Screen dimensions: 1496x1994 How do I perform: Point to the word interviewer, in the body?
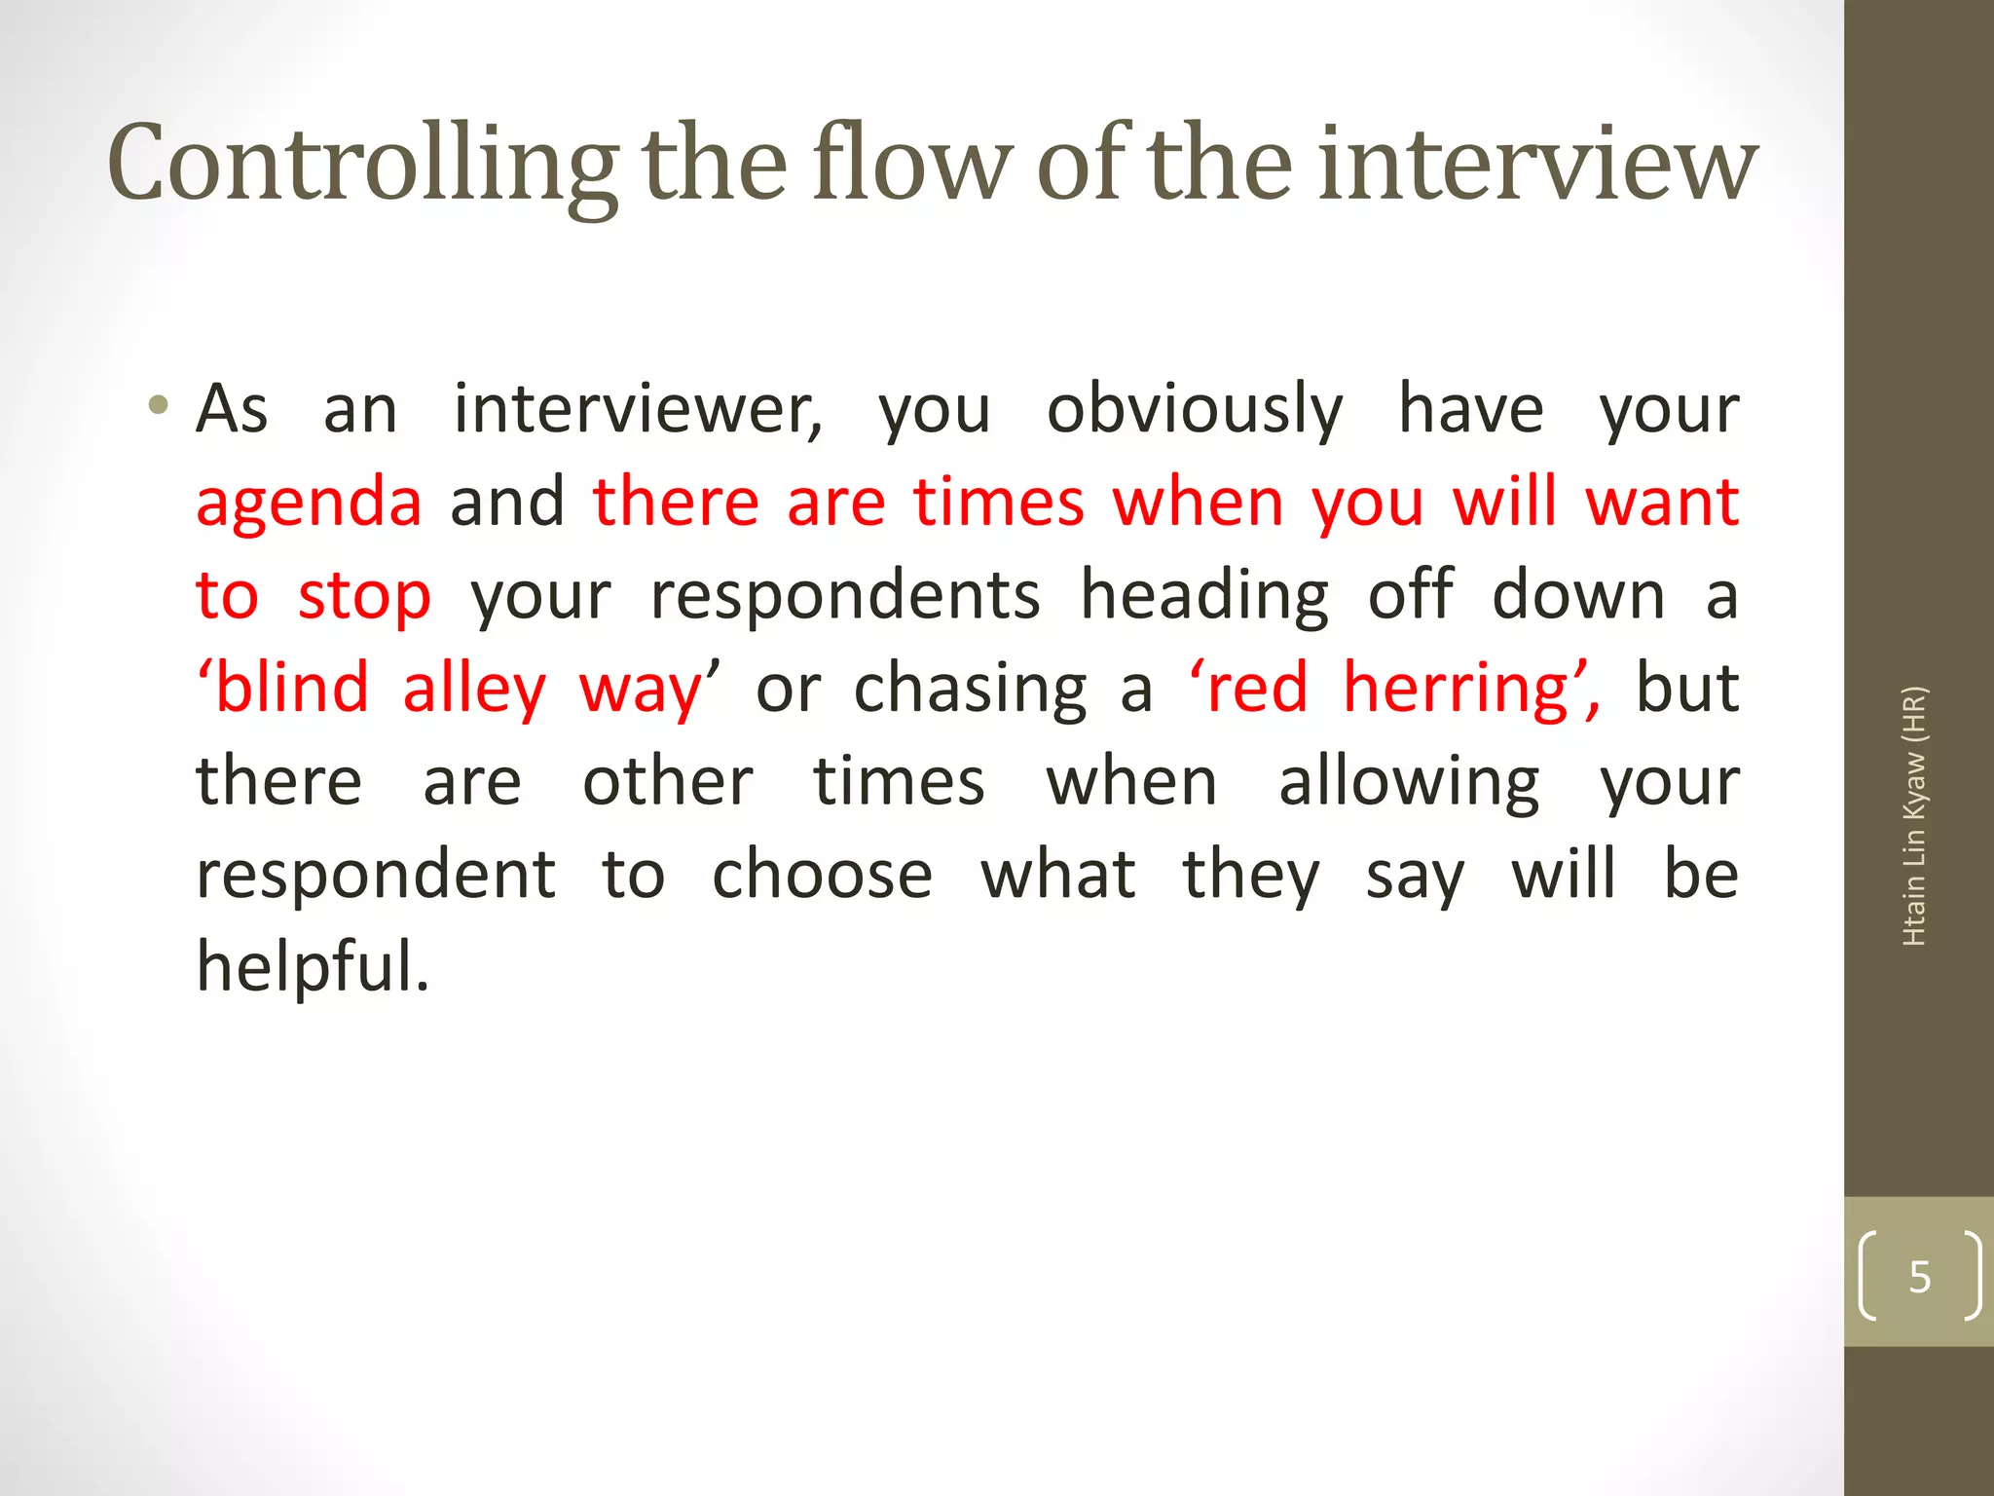point(638,409)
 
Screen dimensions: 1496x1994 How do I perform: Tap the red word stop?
point(364,597)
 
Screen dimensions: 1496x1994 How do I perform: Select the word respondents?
point(845,596)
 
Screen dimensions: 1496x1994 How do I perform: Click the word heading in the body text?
point(1204,597)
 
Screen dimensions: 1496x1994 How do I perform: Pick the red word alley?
point(474,690)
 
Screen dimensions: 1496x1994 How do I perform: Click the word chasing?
point(970,690)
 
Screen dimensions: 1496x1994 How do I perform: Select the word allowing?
point(1409,783)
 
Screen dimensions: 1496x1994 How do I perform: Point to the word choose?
point(822,875)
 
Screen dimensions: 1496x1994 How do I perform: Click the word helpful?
point(312,966)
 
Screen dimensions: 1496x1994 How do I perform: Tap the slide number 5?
point(1919,1276)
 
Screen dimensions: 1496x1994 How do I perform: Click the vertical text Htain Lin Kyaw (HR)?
point(1914,816)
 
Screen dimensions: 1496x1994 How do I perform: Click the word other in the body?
point(668,782)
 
